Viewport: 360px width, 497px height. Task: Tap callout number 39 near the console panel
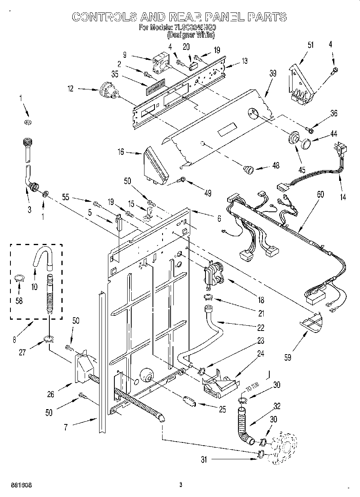point(273,73)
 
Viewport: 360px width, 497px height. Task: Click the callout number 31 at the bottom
point(204,460)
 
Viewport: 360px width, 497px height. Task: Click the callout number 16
point(121,152)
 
